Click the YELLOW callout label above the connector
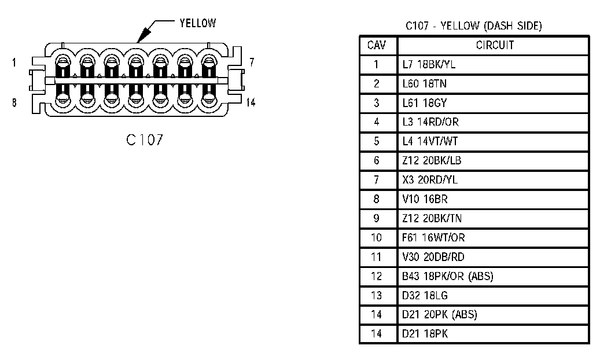pyautogui.click(x=197, y=23)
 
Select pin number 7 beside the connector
pyautogui.click(x=252, y=62)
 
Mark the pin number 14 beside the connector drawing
pyautogui.click(x=250, y=102)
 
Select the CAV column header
pyautogui.click(x=377, y=45)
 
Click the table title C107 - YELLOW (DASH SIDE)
pyautogui.click(x=473, y=25)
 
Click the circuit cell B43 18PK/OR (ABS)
pyautogui.click(x=447, y=277)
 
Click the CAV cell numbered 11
pyautogui.click(x=377, y=257)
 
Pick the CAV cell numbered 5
pyautogui.click(x=377, y=141)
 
